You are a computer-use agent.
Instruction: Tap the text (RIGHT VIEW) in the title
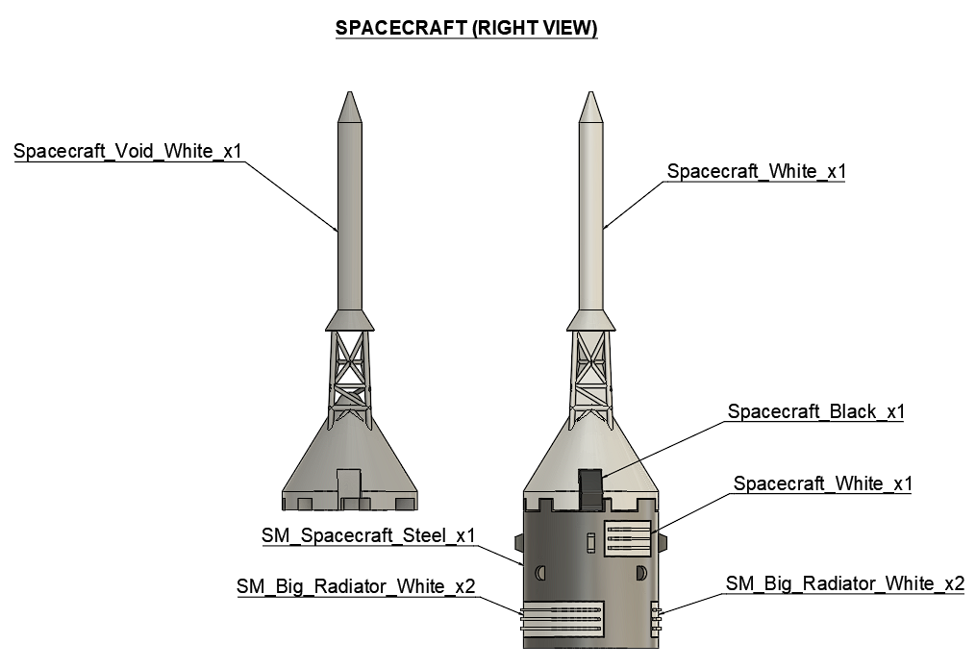534,29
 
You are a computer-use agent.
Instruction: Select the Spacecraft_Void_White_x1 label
128,152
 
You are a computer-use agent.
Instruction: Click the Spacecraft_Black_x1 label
816,411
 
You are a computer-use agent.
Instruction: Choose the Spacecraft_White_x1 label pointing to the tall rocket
756,171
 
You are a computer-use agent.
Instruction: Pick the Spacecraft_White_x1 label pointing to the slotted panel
822,483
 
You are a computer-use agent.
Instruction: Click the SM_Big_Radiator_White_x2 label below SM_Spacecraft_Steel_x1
356,585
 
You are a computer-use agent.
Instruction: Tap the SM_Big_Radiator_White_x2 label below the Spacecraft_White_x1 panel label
845,583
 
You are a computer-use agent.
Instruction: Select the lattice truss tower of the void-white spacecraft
350,370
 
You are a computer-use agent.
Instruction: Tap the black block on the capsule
589,486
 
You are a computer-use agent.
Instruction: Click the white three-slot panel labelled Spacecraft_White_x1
628,537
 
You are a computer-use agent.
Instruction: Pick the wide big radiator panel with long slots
563,617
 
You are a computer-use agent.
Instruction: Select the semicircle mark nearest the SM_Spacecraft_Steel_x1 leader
541,574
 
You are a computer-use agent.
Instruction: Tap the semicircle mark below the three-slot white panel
640,574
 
